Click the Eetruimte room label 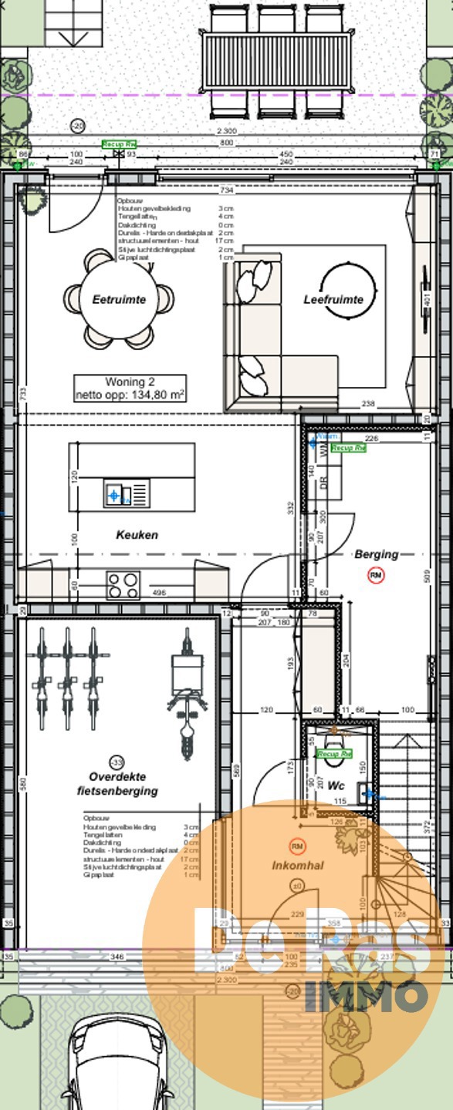(119, 299)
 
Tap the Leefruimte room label (333, 299)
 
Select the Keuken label (137, 534)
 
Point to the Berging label (376, 553)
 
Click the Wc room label (336, 785)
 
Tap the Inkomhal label (298, 866)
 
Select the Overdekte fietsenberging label (117, 784)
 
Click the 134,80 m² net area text (130, 395)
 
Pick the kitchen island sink (114, 493)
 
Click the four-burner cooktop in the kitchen (123, 585)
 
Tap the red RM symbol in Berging (376, 575)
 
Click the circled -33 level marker (117, 760)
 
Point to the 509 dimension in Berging (425, 573)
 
